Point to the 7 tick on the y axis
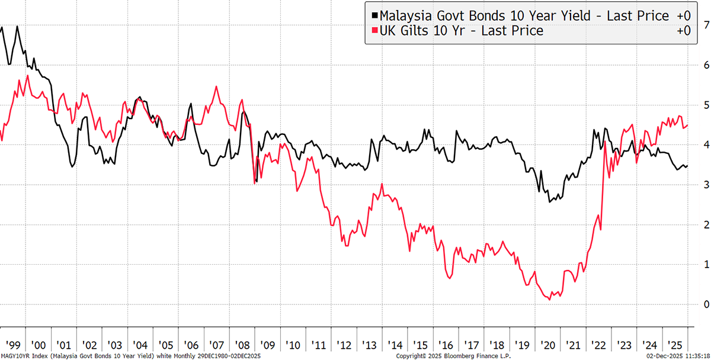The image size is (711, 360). (702, 25)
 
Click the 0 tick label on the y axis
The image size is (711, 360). (702, 304)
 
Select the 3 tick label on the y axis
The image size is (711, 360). (702, 185)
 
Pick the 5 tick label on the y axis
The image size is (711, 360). (702, 105)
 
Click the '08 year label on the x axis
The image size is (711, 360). (241, 345)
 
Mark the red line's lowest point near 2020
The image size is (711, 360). (550, 300)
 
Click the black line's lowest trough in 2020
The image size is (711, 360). (550, 202)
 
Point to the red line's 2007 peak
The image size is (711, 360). (216, 87)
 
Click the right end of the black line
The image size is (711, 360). (687, 166)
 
